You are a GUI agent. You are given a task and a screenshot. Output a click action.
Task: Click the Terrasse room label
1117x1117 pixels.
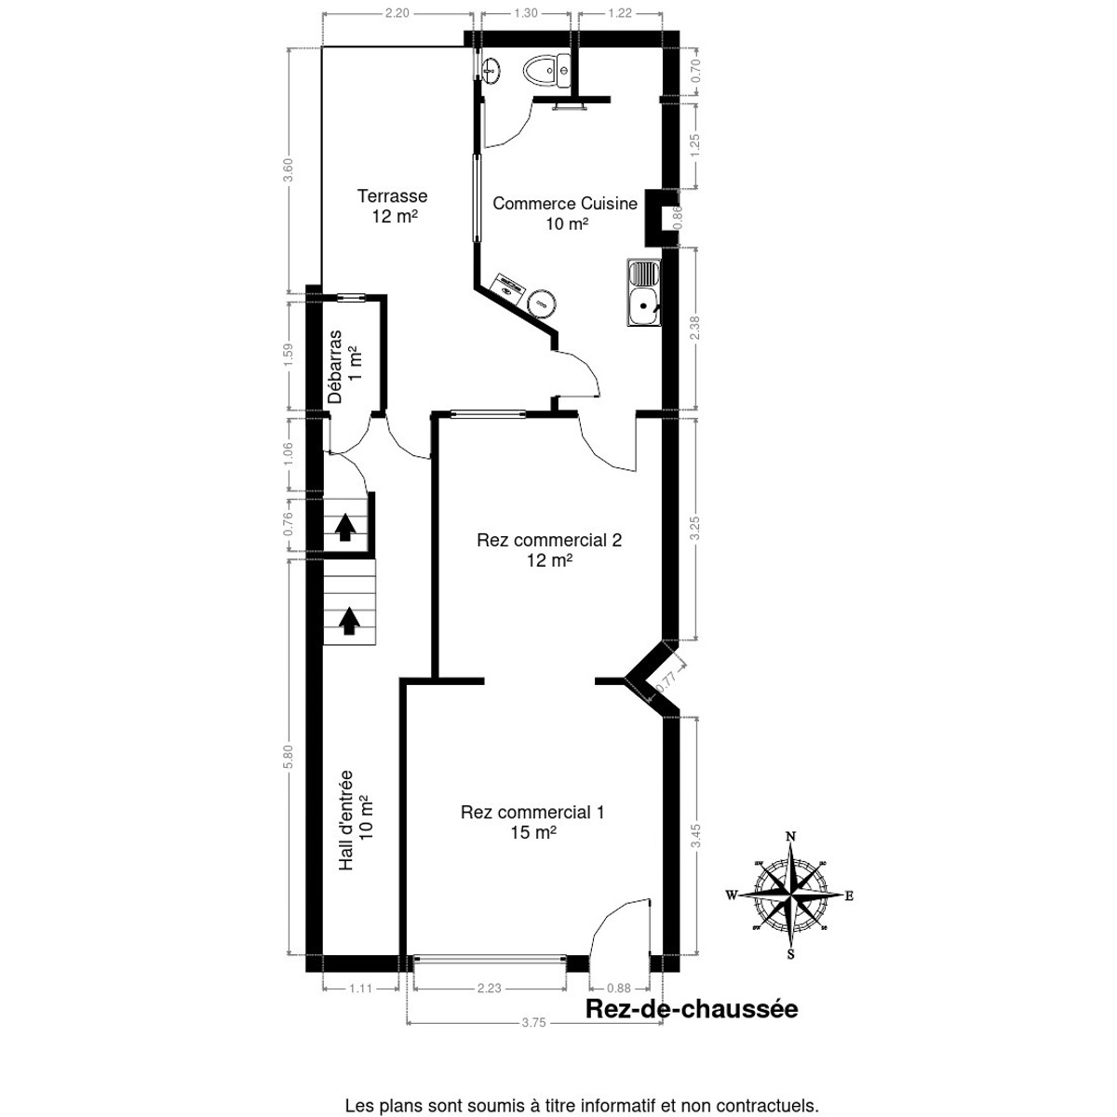pos(392,206)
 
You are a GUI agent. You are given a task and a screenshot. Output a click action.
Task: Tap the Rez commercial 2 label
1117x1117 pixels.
pos(548,549)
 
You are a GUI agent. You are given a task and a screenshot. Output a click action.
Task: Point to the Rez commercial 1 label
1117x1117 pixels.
pos(532,822)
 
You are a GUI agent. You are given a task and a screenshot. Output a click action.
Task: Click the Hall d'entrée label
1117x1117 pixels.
pos(355,819)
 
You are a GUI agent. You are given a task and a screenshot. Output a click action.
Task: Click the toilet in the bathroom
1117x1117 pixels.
pos(547,71)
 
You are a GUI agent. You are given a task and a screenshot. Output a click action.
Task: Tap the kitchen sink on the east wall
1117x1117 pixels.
pos(643,292)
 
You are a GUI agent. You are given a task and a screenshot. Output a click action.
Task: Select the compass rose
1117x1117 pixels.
pos(790,896)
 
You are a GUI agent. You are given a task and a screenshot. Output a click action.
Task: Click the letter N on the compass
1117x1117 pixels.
pos(790,836)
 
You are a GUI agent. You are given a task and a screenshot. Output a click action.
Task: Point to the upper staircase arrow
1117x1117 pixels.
pos(345,528)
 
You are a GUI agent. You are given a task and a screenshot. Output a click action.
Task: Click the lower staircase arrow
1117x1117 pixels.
pos(349,620)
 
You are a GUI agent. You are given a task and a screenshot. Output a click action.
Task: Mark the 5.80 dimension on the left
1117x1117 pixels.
pos(289,756)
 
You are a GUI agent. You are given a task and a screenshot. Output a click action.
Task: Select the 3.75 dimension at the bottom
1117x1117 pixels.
pos(533,1022)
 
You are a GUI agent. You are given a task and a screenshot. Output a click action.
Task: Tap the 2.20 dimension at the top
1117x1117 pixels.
pos(397,13)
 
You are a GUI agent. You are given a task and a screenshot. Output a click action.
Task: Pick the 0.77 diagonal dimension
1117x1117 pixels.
pos(666,681)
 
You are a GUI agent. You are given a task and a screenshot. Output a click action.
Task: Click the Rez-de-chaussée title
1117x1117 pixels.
pos(691,1009)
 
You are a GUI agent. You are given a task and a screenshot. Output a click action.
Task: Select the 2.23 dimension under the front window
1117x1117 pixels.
pos(489,989)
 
